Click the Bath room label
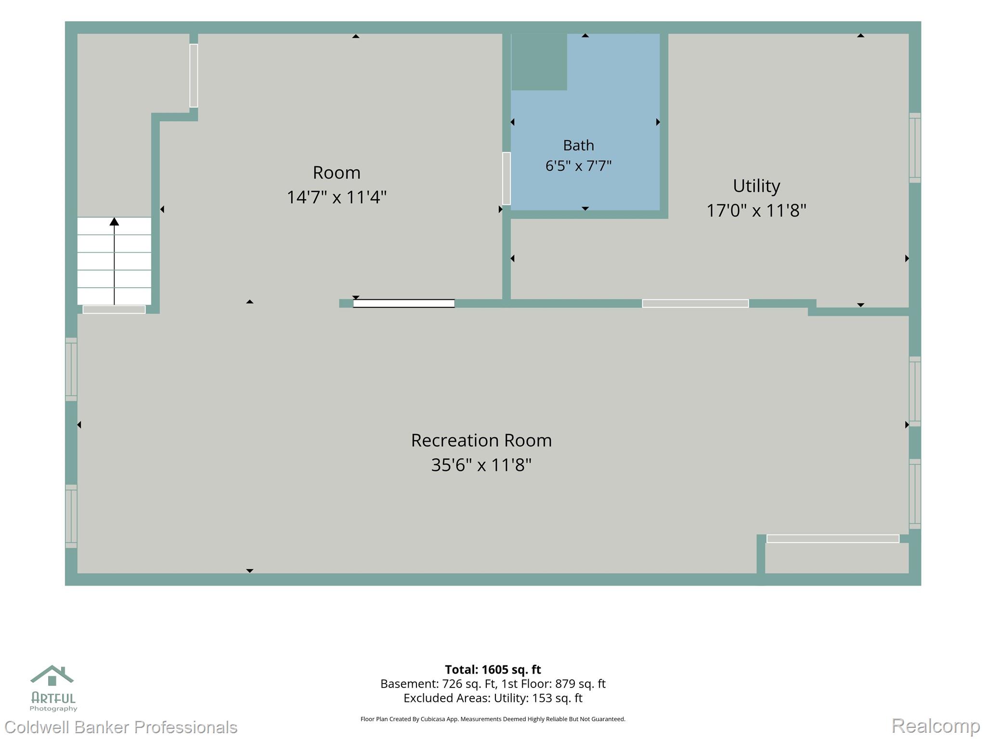point(578,145)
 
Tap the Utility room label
point(756,186)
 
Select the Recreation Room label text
point(481,440)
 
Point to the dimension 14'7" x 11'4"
point(337,197)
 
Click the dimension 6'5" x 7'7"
point(578,166)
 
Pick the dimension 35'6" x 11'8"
point(481,465)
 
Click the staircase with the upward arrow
point(114,261)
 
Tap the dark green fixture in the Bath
point(539,62)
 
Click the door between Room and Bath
point(506,178)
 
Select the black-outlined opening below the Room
point(404,303)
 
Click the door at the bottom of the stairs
point(114,309)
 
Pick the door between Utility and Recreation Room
point(695,303)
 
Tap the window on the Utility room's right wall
point(915,148)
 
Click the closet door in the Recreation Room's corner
point(833,539)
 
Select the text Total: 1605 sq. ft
point(493,669)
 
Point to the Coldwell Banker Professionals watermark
point(121,726)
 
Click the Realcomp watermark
point(936,726)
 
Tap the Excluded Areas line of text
point(493,698)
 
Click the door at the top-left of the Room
point(194,76)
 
